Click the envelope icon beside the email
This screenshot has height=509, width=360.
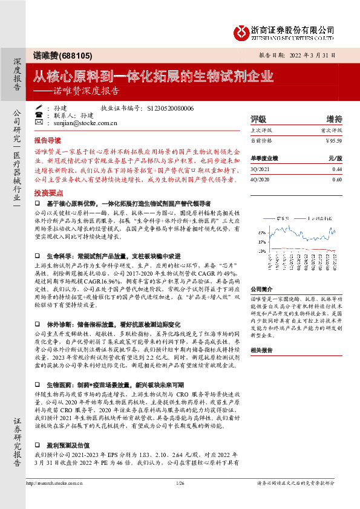[39, 122]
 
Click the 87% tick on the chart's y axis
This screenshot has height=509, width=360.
[261, 232]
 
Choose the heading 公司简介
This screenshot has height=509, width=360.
[261, 290]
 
